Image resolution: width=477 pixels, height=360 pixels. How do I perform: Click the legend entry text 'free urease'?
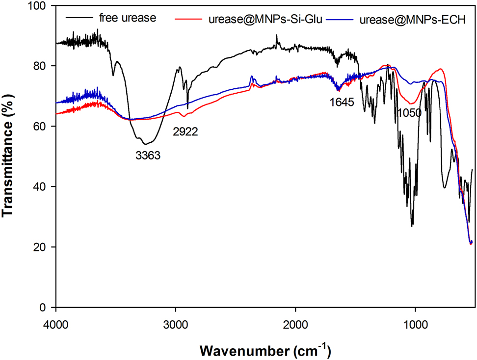(128, 19)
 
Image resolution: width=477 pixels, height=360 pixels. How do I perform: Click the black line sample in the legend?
(80, 19)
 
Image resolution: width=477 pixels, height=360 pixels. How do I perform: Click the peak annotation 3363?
(148, 156)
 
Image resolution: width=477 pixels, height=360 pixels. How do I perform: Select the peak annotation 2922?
(185, 131)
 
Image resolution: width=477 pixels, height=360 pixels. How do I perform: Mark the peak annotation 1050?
(409, 113)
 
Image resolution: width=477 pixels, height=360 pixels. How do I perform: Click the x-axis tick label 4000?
(56, 323)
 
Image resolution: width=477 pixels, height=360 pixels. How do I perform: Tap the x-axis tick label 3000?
(176, 323)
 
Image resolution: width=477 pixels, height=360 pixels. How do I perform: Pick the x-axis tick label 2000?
(295, 323)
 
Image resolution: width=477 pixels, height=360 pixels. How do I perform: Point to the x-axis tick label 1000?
(415, 323)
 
